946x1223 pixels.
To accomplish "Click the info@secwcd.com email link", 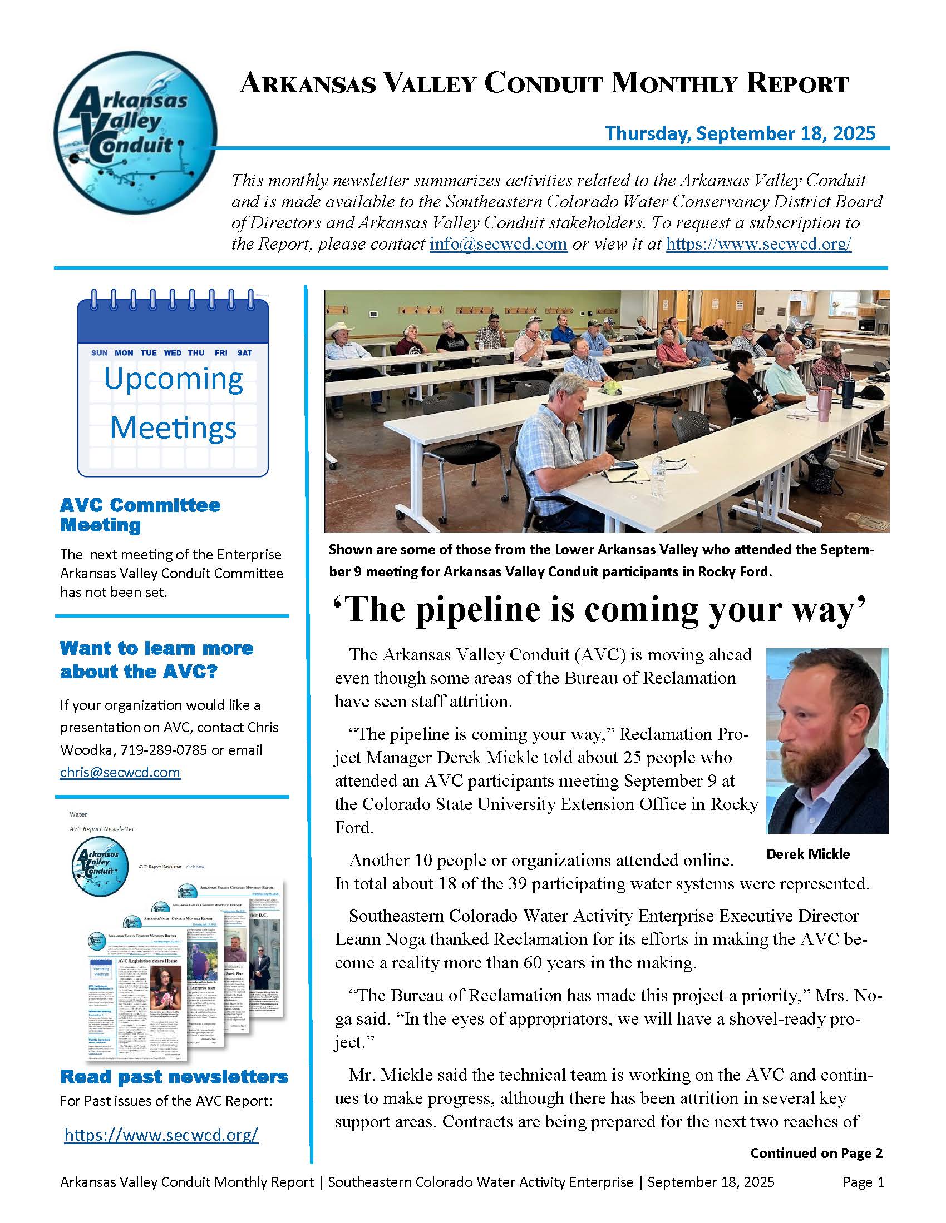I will pos(498,244).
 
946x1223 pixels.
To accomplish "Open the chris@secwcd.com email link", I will pos(120,772).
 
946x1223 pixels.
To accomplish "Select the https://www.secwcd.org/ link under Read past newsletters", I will pos(161,1135).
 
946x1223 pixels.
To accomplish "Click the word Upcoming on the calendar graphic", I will pos(174,379).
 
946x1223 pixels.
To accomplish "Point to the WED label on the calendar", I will pos(173,353).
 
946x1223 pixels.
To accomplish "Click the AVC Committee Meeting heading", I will pos(140,515).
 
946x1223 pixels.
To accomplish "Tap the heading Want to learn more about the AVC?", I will pos(156,660).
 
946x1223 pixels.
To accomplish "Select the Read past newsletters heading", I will pos(174,1076).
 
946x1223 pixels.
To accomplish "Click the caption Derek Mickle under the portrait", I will pos(807,854).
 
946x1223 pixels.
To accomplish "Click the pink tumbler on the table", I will pos(823,400).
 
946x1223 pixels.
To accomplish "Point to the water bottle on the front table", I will pos(658,474).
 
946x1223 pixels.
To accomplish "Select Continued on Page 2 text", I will pos(816,1153).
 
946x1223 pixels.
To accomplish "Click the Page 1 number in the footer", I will pos(863,1182).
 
